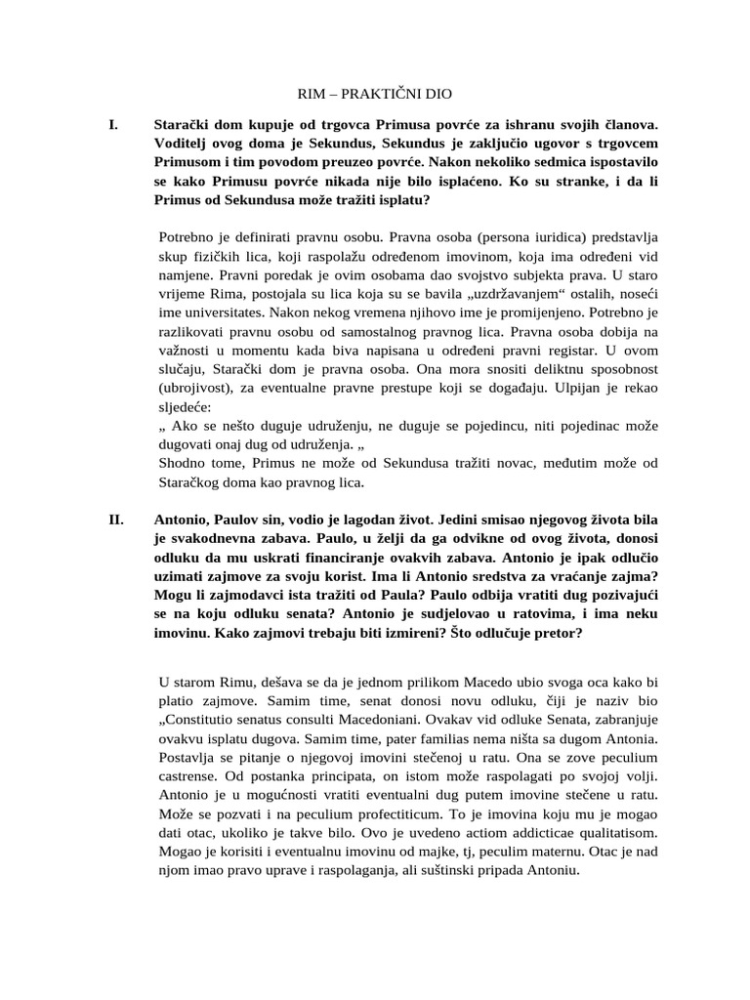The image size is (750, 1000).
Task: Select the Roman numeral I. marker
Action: tap(113, 125)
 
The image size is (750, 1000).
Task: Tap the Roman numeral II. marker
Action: tap(116, 520)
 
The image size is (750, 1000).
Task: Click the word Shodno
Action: tap(183, 463)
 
